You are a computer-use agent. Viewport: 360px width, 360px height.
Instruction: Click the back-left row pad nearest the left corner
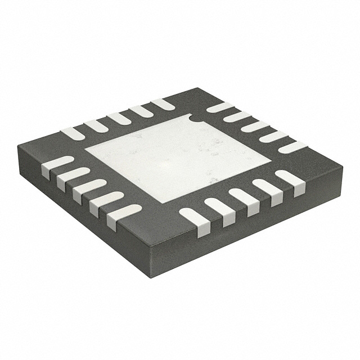point(73,134)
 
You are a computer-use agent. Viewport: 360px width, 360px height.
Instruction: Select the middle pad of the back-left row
point(119,119)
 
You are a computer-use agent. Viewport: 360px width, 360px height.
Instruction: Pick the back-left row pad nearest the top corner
point(163,104)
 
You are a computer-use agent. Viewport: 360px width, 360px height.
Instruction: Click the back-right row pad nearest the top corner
point(220,107)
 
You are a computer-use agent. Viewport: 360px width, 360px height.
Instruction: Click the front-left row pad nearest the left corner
point(57,165)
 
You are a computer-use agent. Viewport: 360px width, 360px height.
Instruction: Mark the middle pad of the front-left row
point(89,188)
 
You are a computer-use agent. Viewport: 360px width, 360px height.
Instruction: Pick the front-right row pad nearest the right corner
point(290,179)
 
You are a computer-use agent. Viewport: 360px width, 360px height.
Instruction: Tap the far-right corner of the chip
point(343,165)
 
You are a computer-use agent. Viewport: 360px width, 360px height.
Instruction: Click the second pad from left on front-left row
point(73,176)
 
